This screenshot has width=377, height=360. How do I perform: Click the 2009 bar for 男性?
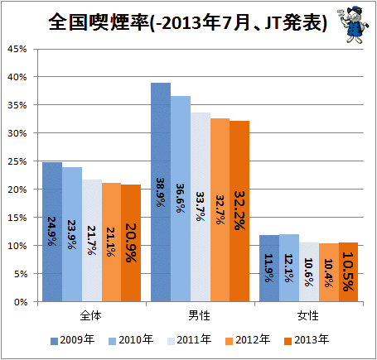pos(161,192)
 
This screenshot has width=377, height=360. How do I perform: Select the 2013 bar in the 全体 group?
pos(131,243)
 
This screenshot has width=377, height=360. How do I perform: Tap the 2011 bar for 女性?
pos(309,272)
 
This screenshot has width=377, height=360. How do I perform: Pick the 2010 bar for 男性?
pos(181,199)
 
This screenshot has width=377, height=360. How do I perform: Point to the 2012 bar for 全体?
pos(111,242)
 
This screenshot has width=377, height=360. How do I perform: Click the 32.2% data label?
pos(239,210)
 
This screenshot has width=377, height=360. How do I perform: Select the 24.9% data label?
pos(52,231)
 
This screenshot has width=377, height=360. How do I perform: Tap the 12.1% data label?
pos(288,268)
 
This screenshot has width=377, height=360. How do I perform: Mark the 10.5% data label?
pos(348,271)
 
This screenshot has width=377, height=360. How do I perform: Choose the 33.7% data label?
pos(201,206)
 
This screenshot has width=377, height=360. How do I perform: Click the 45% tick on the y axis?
pos(17,49)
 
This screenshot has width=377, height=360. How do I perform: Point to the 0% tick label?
pos(21,302)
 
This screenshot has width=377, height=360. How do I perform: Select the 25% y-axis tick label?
pos(17,161)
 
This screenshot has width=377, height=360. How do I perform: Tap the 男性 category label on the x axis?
pos(200,315)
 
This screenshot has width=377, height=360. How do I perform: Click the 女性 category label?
pos(308,315)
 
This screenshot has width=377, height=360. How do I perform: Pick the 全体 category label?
pos(90,315)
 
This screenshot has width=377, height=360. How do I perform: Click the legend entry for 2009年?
pos(73,340)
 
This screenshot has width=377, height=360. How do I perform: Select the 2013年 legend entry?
pos(307,340)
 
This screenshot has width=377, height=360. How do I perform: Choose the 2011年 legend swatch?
pos(172,341)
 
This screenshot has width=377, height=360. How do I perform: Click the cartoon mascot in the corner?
pos(353,26)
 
